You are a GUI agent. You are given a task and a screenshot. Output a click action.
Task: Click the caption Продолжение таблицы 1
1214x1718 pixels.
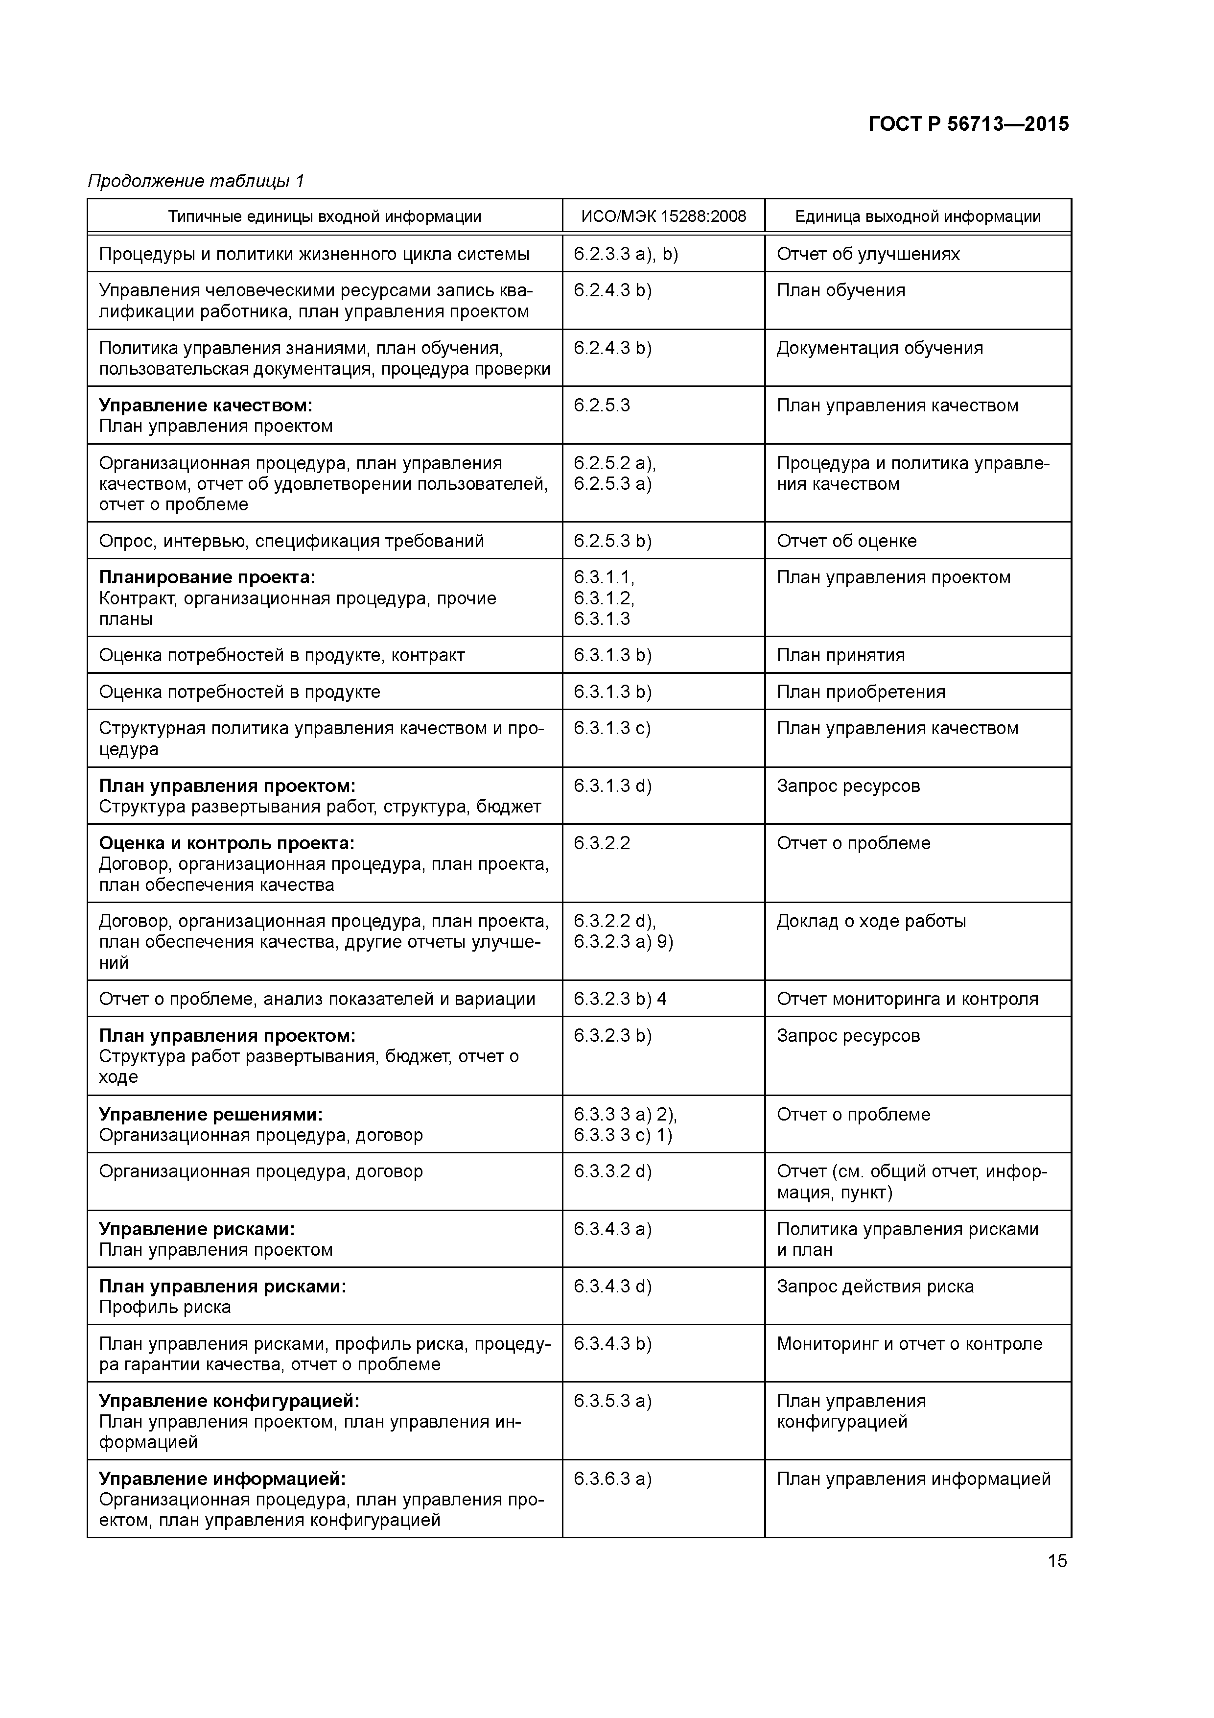pyautogui.click(x=196, y=181)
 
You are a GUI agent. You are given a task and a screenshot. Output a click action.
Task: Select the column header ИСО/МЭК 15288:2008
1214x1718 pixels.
pyautogui.click(x=663, y=217)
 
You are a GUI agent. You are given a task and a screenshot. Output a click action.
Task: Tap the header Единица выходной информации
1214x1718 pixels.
pyautogui.click(x=918, y=217)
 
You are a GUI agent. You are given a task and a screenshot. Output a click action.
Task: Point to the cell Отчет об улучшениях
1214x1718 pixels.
pyautogui.click(x=868, y=254)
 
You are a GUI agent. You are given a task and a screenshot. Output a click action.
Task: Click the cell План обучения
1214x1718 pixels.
pyautogui.click(x=841, y=290)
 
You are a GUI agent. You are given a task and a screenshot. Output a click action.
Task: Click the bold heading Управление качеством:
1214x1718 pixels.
pyautogui.click(x=206, y=406)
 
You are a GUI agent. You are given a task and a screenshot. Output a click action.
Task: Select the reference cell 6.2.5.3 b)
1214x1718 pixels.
pyautogui.click(x=612, y=541)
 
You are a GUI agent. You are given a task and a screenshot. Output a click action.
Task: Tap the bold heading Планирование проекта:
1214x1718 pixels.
pyautogui.click(x=207, y=578)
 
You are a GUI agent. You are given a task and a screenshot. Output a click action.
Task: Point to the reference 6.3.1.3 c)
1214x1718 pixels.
pyautogui.click(x=612, y=729)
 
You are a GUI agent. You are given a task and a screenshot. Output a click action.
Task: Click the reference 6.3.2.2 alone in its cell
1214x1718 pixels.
pyautogui.click(x=602, y=843)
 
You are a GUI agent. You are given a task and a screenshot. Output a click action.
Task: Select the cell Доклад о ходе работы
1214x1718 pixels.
pyautogui.click(x=871, y=921)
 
